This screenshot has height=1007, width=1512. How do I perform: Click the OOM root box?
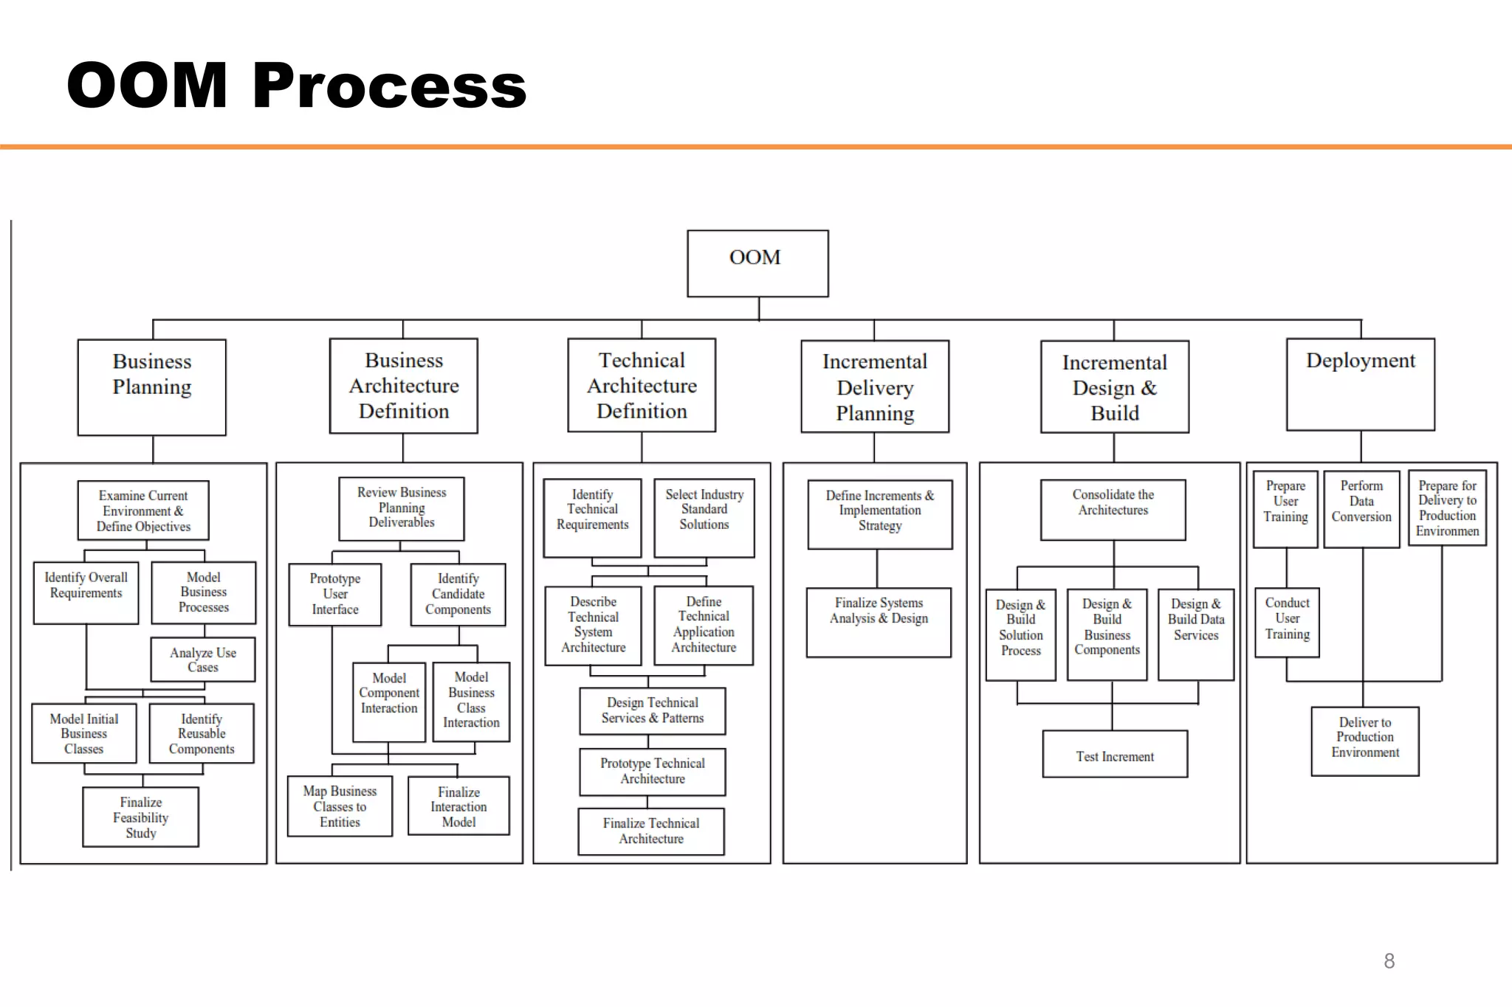(x=757, y=263)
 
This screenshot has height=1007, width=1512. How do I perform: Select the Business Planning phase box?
(x=152, y=387)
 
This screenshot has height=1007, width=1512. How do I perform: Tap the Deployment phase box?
(x=1360, y=384)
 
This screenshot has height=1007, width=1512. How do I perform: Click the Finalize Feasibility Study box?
(x=140, y=817)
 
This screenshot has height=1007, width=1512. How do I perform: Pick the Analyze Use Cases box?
(x=203, y=660)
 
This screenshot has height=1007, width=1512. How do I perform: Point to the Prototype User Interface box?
(x=335, y=595)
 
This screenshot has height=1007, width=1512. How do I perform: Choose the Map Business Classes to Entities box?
(x=340, y=806)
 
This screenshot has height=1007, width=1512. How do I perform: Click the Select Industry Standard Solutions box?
(x=704, y=517)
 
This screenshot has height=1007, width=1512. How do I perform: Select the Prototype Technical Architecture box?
(x=653, y=772)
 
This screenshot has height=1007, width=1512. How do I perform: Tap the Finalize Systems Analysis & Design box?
(x=879, y=622)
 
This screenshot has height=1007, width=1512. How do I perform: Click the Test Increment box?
(x=1115, y=754)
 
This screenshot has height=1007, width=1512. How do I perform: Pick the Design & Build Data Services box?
(x=1196, y=634)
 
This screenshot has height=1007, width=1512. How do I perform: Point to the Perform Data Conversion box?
(x=1361, y=509)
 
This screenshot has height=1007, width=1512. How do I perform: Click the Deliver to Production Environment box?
(x=1365, y=741)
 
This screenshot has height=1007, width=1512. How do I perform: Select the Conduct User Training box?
(x=1287, y=622)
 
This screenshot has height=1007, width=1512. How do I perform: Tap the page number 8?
(x=1389, y=961)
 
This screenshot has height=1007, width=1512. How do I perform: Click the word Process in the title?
(x=389, y=86)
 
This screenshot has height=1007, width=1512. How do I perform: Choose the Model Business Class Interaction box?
(x=471, y=701)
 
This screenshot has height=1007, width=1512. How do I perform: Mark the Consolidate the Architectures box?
(x=1113, y=510)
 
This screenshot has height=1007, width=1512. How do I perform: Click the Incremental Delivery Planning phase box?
(x=875, y=387)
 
